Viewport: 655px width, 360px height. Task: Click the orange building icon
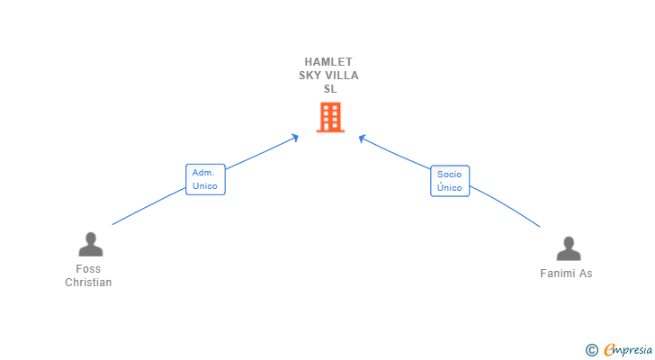click(330, 117)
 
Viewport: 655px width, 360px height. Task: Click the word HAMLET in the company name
click(328, 62)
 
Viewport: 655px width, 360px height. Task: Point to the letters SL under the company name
click(328, 89)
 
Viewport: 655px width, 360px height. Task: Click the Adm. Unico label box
click(205, 179)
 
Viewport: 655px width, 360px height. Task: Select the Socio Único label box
click(450, 181)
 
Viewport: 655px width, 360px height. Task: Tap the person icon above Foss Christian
click(90, 244)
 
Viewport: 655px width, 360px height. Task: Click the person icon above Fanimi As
click(568, 248)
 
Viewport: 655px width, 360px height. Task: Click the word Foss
click(88, 269)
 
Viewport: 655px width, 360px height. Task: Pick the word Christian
click(88, 283)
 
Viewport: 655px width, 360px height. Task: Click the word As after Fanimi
click(586, 274)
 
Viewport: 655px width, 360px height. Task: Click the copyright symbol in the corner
click(591, 349)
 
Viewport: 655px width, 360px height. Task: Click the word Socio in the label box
click(450, 174)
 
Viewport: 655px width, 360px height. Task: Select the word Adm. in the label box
click(202, 172)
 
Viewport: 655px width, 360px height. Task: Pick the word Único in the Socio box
click(450, 188)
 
